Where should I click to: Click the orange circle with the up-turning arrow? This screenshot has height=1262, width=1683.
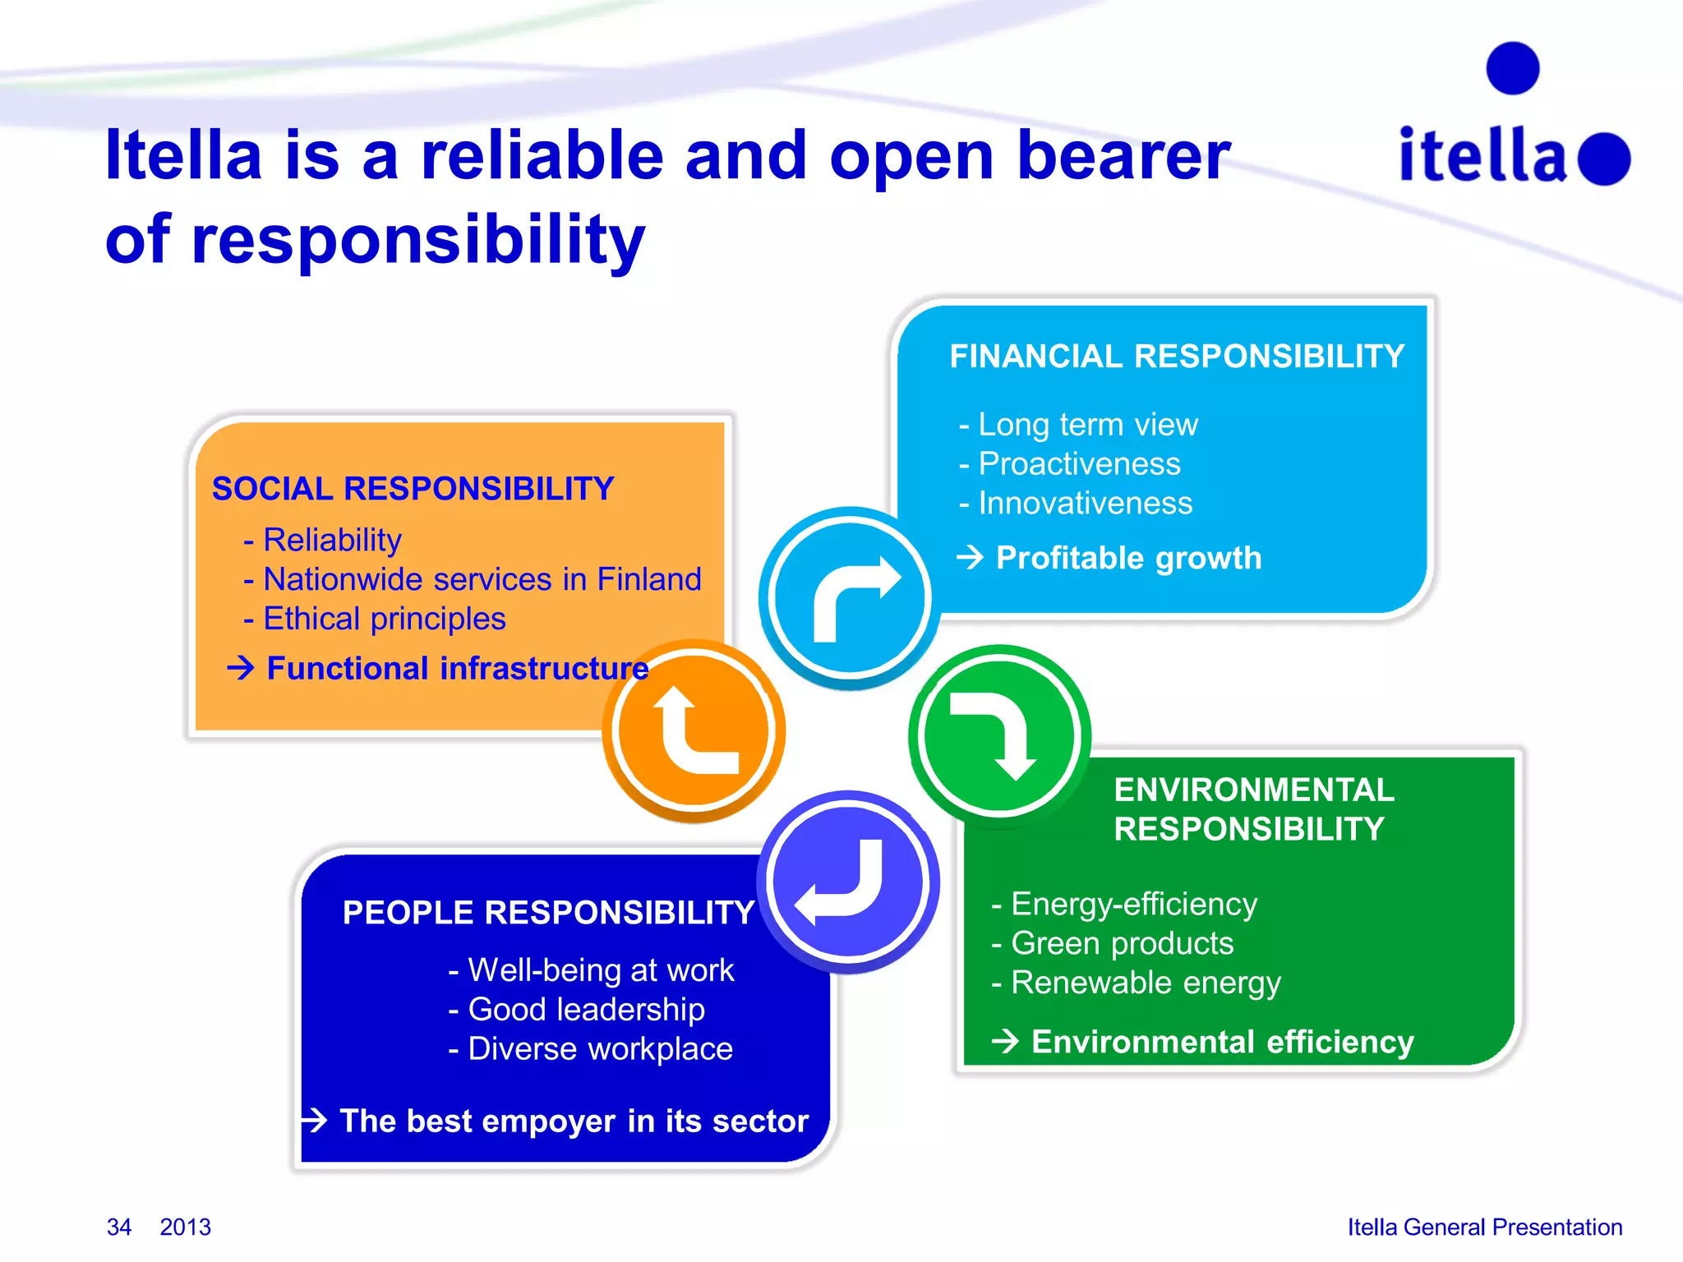pos(694,730)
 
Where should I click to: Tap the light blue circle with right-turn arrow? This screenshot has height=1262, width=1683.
pos(850,598)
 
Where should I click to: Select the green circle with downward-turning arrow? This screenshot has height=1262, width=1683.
pos(999,735)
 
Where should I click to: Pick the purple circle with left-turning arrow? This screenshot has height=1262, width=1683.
pos(849,882)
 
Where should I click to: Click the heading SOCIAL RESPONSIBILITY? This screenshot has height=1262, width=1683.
pos(413,489)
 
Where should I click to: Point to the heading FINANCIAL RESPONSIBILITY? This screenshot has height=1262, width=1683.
pos(1177,357)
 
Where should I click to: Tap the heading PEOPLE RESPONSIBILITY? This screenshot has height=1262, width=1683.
pos(548,913)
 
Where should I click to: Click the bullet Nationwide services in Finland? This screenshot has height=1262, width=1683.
pos(482,579)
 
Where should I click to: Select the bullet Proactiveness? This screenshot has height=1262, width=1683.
pos(1079,464)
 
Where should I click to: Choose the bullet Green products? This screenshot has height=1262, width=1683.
pos(1122,943)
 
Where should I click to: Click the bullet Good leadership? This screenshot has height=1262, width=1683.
pos(586,1010)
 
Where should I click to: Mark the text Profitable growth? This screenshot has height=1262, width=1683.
pos(1128,558)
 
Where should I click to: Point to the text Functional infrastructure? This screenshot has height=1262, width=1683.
pos(458,669)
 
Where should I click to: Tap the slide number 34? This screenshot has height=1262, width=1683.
pos(119,1227)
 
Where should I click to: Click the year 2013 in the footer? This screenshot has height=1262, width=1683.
pos(186,1227)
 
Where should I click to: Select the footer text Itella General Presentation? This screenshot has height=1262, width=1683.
pos(1484,1227)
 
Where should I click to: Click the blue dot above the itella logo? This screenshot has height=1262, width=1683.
pos(1512,68)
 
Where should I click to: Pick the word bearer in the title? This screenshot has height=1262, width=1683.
pos(1123,156)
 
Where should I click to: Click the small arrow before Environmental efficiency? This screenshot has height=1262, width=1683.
pos(1005,1042)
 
